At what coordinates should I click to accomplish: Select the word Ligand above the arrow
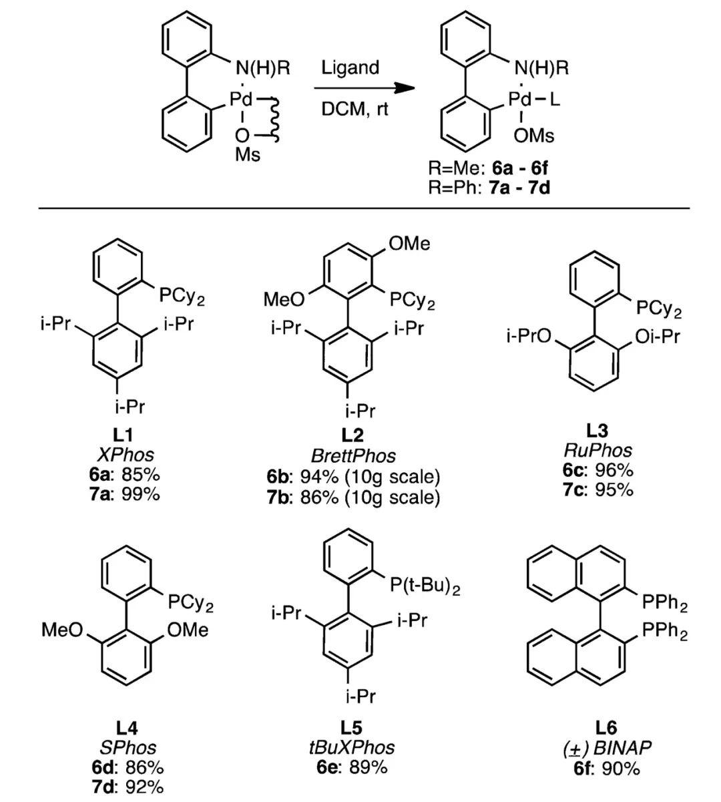click(350, 67)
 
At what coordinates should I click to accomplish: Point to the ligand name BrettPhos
click(353, 455)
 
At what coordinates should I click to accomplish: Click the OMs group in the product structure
click(534, 136)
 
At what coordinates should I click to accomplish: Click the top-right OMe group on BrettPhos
click(409, 244)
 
